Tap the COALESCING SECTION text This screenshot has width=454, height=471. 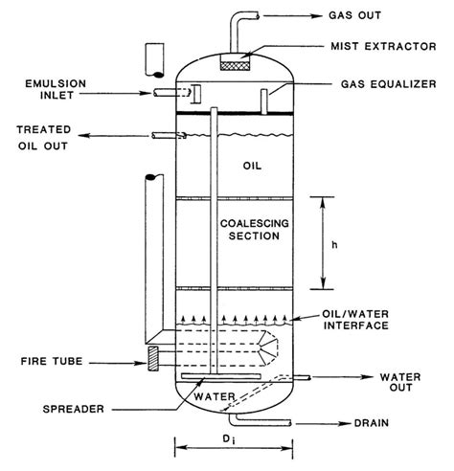254,232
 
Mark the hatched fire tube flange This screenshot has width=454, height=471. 152,356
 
